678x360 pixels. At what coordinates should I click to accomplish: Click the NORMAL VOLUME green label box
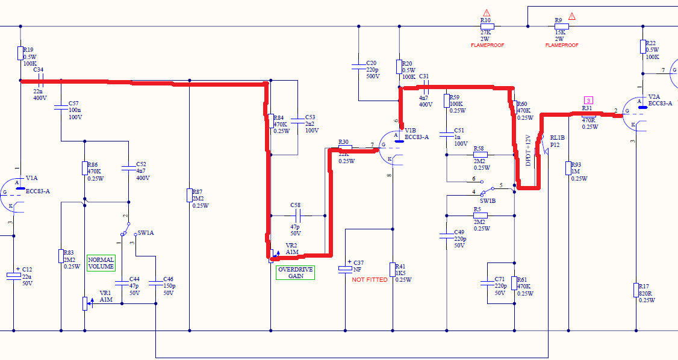point(101,263)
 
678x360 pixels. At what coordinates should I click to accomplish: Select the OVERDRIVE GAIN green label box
point(295,273)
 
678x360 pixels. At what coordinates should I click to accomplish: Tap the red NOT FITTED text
point(370,279)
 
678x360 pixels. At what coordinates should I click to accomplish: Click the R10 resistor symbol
point(487,26)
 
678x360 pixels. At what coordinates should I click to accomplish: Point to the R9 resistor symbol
point(562,26)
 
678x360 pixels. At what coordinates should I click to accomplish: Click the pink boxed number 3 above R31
point(588,101)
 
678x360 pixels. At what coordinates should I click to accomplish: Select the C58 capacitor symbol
point(297,216)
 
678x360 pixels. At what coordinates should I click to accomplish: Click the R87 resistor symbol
point(190,195)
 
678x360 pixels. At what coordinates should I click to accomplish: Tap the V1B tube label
point(410,130)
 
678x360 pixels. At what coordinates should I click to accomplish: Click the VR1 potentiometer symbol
point(85,303)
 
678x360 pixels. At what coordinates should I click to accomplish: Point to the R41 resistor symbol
point(393,270)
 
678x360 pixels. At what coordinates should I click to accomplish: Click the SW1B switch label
point(488,200)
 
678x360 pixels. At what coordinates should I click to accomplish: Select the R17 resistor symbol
point(636,290)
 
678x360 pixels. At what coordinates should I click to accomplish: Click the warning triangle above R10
point(487,13)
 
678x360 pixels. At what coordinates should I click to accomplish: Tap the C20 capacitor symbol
point(358,66)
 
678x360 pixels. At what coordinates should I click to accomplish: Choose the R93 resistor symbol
point(568,168)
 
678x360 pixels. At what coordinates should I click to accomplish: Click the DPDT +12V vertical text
point(528,151)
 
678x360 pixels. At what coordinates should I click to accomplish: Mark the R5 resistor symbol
point(481,216)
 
